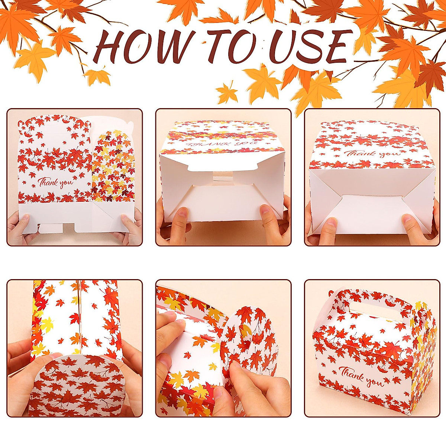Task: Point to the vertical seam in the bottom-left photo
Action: coord(79,316)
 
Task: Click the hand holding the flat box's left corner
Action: coord(20,229)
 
